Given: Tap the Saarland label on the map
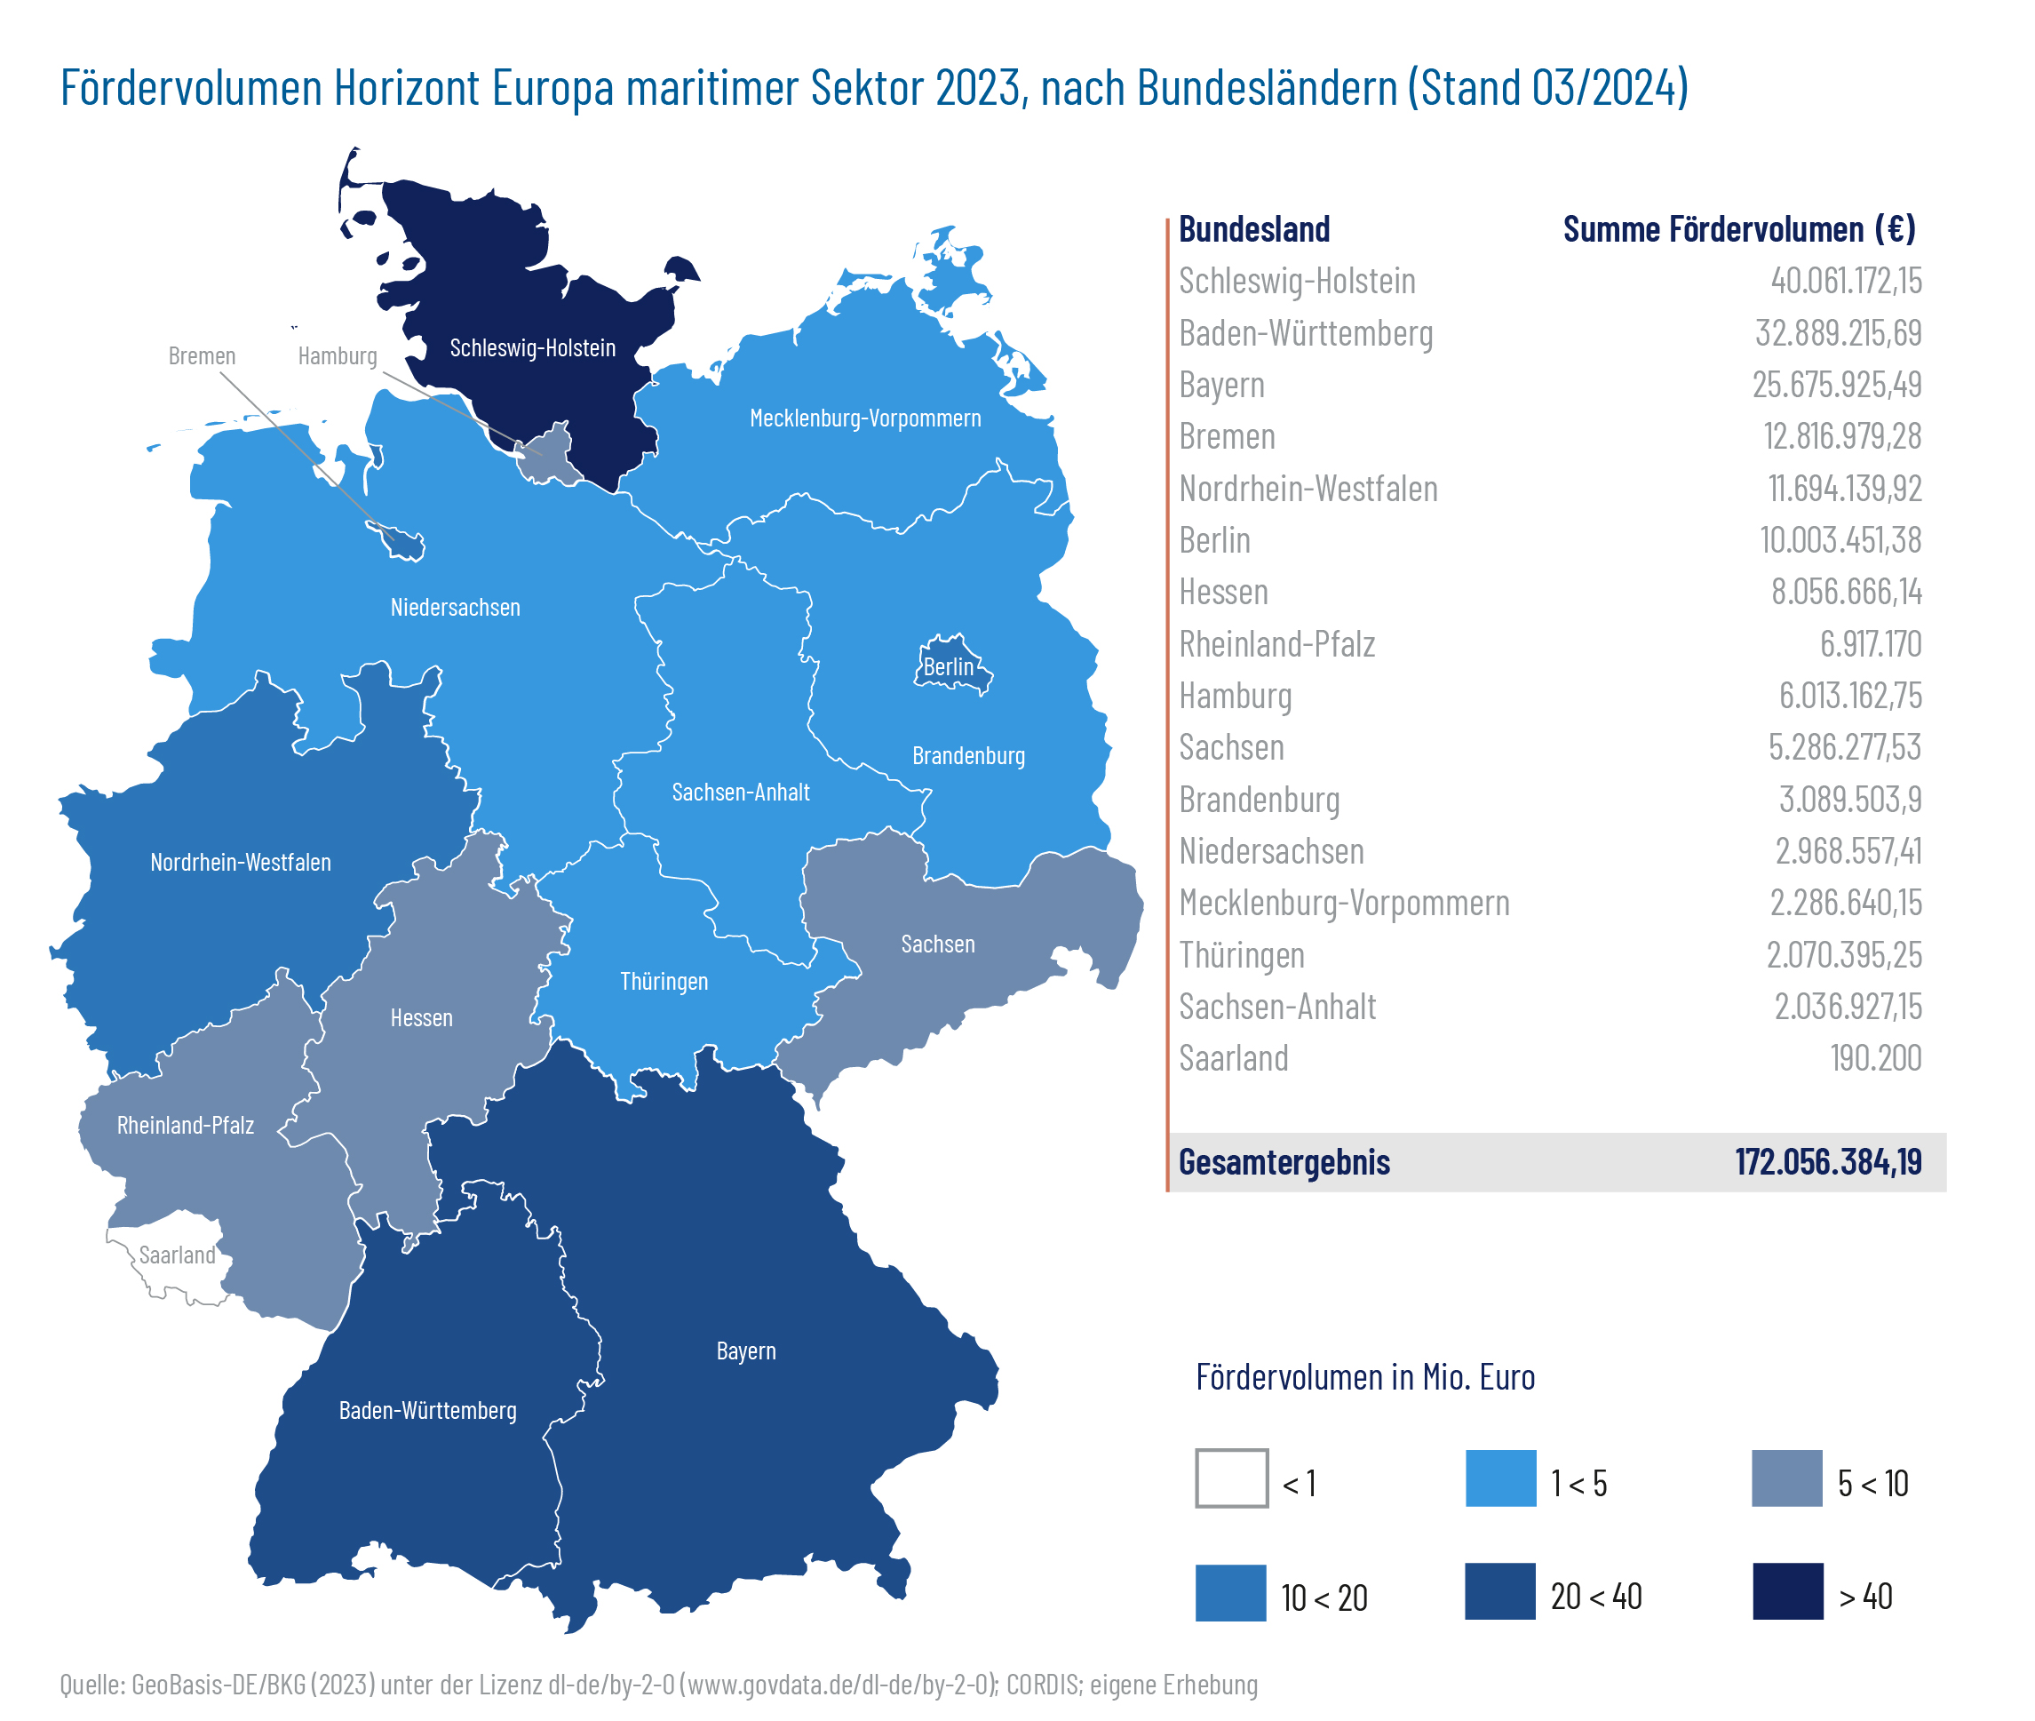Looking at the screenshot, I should click(177, 1255).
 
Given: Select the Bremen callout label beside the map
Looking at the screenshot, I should click(202, 356).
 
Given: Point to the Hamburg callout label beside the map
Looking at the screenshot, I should click(338, 356).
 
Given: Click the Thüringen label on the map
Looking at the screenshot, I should click(664, 982).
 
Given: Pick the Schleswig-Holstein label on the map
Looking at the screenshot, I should click(533, 348).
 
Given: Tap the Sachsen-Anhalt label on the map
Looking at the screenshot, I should click(741, 793).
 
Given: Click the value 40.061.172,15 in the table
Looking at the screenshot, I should click(1845, 281).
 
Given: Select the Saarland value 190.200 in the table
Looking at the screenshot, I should click(1875, 1058).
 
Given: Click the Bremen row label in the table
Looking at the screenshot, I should click(1227, 437).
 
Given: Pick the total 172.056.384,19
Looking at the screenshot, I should click(1827, 1162).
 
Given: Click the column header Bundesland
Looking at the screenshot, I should click(1253, 229).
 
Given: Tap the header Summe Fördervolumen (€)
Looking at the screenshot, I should click(1738, 229).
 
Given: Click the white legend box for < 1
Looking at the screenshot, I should click(1231, 1478).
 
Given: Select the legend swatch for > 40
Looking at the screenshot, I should click(1787, 1591).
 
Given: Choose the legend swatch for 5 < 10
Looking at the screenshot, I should click(1786, 1478).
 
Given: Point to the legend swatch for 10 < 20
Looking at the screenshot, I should click(1230, 1592).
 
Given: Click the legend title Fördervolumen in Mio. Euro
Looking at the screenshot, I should click(1364, 1376).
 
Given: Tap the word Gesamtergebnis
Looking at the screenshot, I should click(1284, 1162).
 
